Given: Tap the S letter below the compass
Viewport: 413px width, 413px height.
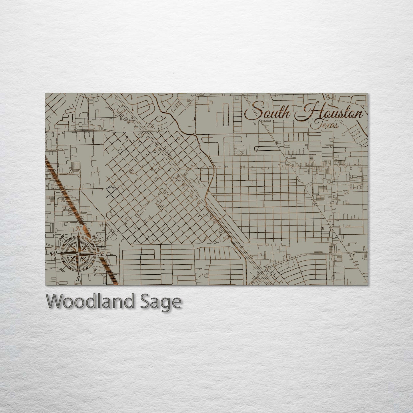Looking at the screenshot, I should pyautogui.click(x=77, y=279).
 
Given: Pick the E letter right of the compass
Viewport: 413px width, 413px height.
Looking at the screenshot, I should pyautogui.click(x=102, y=254).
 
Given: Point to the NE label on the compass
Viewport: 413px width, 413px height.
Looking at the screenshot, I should pyautogui.click(x=95, y=238).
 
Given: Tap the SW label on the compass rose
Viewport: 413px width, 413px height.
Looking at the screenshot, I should pyautogui.click(x=61, y=270).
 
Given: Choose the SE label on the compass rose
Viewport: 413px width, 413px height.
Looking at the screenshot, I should pyautogui.click(x=95, y=270).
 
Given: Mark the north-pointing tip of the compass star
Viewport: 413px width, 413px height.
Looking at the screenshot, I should pyautogui.click(x=78, y=233).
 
